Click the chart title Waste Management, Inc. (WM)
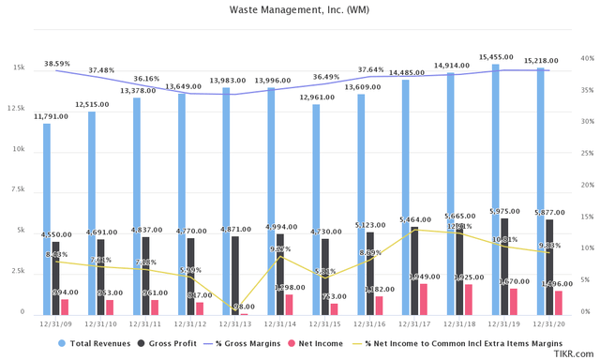299,11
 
